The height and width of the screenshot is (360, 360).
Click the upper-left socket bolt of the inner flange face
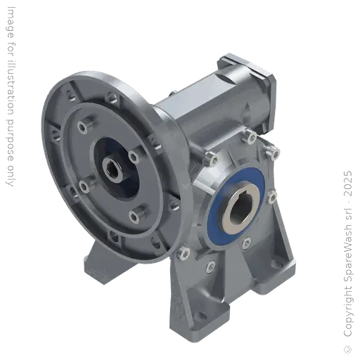[x=83, y=127]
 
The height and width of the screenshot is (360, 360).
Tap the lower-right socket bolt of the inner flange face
[x=134, y=214]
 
